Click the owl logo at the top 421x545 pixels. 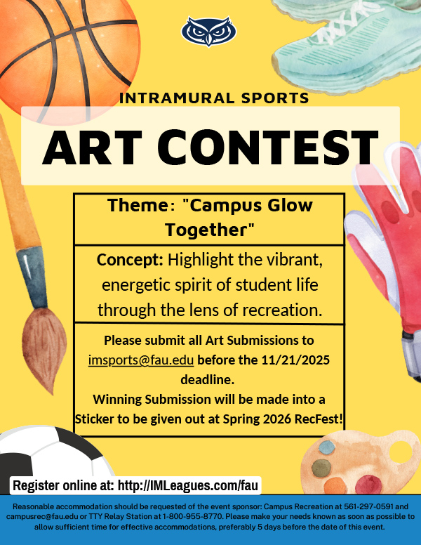208,32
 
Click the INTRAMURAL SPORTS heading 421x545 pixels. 214,97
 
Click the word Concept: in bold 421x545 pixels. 130,260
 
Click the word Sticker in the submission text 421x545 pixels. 99,419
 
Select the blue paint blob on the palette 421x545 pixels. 328,447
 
